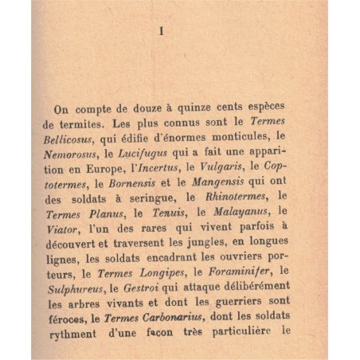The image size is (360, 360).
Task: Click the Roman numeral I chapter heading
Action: coord(161,32)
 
